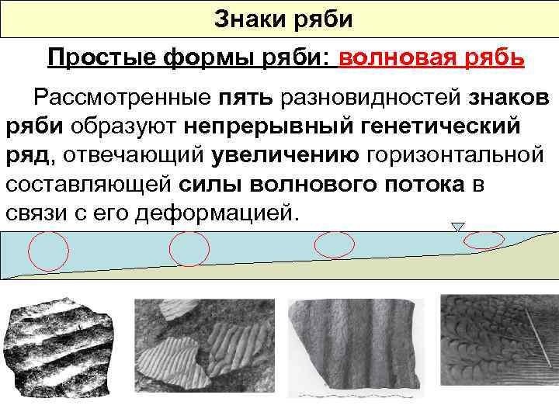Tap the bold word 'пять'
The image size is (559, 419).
click(252, 99)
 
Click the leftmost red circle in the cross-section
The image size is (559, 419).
click(48, 251)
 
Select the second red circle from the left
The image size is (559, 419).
click(189, 249)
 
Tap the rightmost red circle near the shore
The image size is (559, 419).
click(483, 240)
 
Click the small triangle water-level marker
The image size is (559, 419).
click(458, 227)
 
